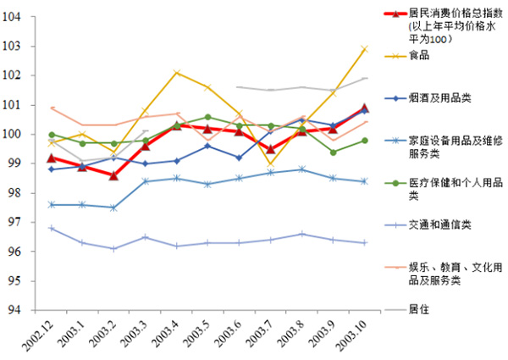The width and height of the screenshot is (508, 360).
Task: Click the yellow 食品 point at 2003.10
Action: [365, 48]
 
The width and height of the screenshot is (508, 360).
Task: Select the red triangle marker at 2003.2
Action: [114, 175]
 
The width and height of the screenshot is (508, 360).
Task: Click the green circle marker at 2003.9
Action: [334, 152]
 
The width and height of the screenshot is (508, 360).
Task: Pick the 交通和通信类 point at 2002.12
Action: [52, 228]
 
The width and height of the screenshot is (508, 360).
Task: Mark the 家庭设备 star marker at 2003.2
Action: [114, 208]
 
